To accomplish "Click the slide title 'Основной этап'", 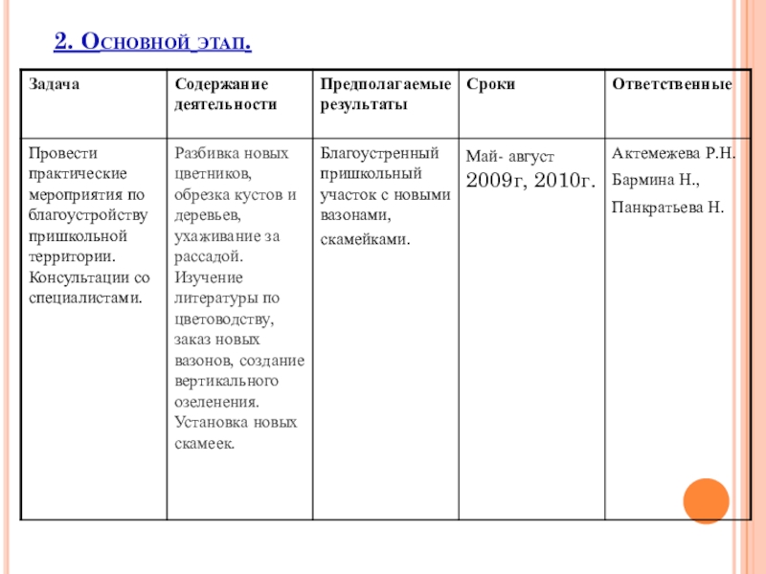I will (153, 42).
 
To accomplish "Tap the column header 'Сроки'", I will (490, 84).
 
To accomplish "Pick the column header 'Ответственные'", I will (671, 84).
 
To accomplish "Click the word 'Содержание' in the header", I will (221, 84).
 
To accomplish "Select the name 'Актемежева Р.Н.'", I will (673, 153).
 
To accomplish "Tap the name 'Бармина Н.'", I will (656, 179).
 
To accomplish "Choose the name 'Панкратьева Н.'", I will (667, 206).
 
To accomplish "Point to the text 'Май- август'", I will (509, 155).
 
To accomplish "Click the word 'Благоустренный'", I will (379, 153).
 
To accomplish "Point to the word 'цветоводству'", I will (222, 319).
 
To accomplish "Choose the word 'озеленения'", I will (217, 402).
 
